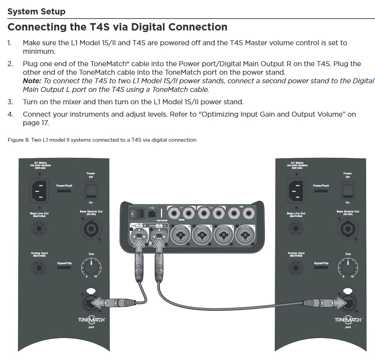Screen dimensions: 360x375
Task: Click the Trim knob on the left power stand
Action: tap(91, 266)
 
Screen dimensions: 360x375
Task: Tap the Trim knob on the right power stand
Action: tap(348, 266)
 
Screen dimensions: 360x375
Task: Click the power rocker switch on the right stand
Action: tap(348, 189)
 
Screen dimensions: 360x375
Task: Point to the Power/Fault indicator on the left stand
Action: tap(64, 191)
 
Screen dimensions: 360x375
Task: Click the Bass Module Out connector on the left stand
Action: tap(91, 228)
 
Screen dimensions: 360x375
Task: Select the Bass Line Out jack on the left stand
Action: tap(39, 229)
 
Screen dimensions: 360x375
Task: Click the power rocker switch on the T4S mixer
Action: tap(134, 213)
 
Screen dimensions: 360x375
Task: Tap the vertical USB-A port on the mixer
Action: tap(162, 213)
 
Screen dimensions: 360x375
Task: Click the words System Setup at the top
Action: tap(36, 12)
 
